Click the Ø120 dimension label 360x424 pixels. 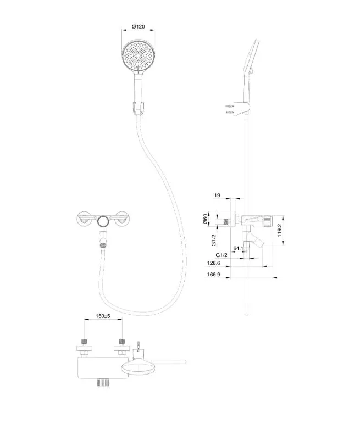[139, 26]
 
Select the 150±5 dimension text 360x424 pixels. [103, 317]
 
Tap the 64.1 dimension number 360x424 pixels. [238, 249]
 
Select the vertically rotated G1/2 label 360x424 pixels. [214, 240]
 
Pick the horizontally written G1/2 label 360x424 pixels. [222, 255]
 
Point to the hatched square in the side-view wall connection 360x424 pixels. [226, 222]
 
